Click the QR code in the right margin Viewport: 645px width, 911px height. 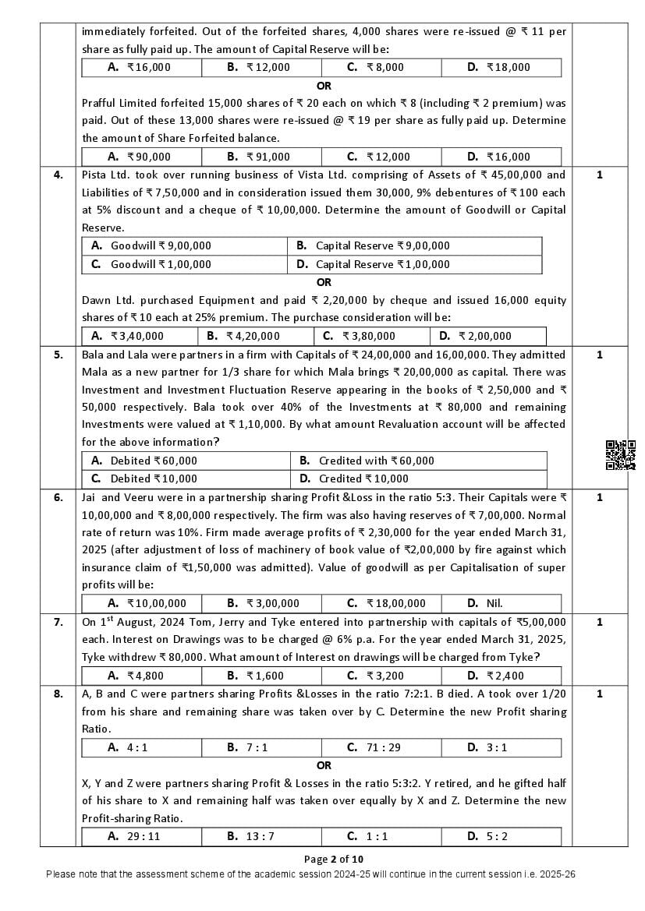(x=620, y=455)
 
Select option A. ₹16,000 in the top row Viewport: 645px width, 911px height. (x=140, y=67)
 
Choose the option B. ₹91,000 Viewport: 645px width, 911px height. (x=259, y=157)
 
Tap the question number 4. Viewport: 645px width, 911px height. (x=58, y=175)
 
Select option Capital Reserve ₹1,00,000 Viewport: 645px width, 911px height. (x=373, y=264)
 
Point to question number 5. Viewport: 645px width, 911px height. (x=58, y=355)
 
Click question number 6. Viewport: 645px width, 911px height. (x=58, y=497)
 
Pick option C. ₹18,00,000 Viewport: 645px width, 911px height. (x=386, y=602)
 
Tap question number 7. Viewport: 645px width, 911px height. (x=58, y=622)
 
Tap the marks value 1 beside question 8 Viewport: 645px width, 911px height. (x=599, y=694)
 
